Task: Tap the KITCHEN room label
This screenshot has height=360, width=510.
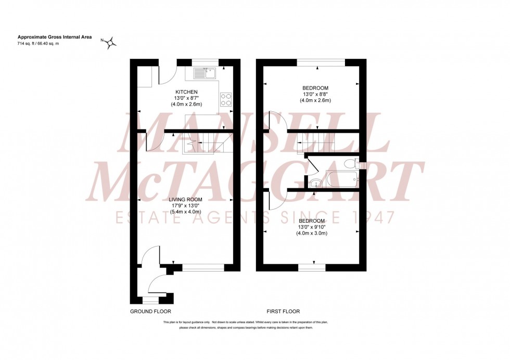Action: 186,92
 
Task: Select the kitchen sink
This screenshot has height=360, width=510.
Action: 209,73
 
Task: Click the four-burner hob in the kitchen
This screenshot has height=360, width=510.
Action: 226,99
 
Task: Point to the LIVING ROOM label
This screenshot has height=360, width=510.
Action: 186,200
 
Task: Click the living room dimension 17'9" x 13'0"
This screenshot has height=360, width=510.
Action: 186,206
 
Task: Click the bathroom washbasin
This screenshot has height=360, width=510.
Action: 315,183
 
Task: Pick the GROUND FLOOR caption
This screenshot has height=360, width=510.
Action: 150,312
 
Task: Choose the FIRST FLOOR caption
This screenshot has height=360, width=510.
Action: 283,312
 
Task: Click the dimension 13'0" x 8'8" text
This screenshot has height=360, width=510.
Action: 313,94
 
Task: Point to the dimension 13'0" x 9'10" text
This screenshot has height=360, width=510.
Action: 313,227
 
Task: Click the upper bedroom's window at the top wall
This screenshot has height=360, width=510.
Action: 321,63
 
